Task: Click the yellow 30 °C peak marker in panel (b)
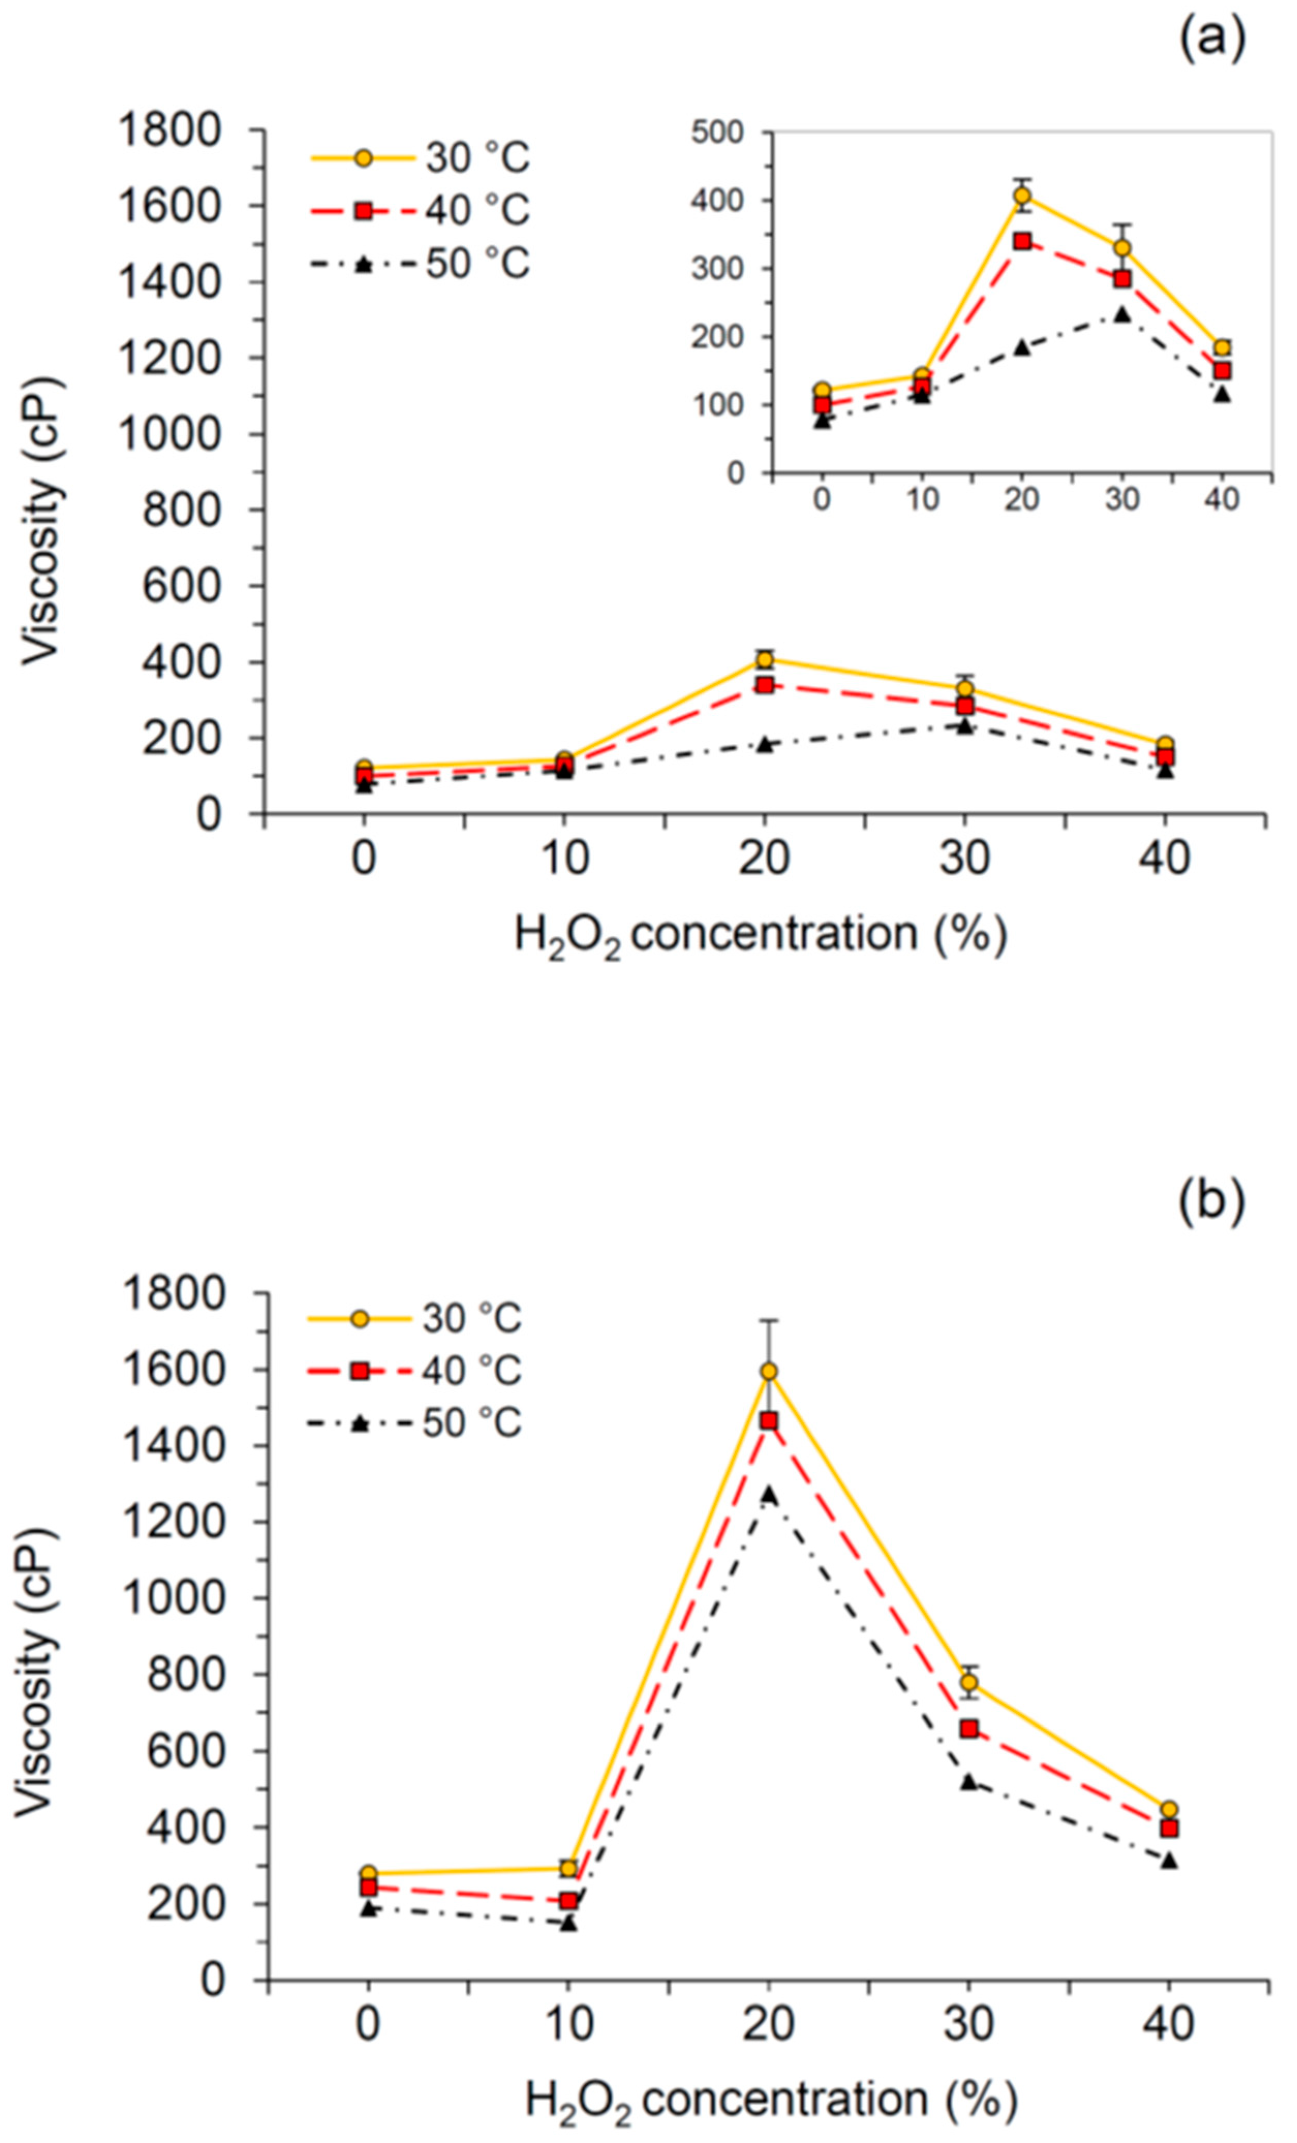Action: point(768,1372)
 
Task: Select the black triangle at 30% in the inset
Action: point(1122,314)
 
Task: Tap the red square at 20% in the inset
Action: point(1022,241)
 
